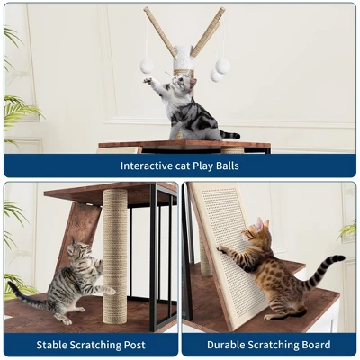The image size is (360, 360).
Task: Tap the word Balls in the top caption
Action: coord(225,166)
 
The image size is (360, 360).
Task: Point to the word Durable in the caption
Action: coord(228,345)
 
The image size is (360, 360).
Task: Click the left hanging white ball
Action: coord(145,66)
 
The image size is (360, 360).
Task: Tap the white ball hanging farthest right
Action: coord(223,66)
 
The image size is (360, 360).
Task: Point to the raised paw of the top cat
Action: coord(147,80)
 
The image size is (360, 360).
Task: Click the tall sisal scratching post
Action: coord(115,256)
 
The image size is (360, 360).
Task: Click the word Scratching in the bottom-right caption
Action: coord(269,345)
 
